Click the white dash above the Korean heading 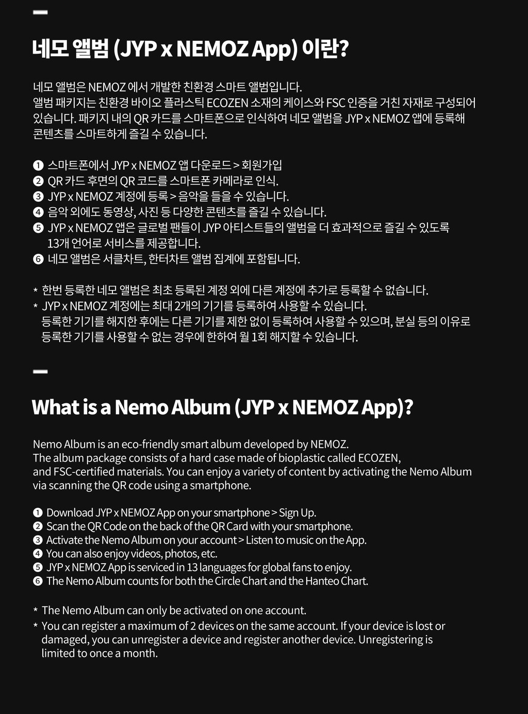pos(40,12)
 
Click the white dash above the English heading pos(40,371)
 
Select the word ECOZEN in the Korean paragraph pos(227,103)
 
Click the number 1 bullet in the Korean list pos(38,166)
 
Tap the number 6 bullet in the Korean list pos(38,259)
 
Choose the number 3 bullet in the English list pos(38,540)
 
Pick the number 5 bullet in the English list pos(38,568)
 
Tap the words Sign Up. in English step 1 pos(298,513)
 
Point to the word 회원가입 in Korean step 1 pos(261,165)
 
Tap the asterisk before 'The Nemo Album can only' pos(36,611)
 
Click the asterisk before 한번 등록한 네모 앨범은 pos(36,291)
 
